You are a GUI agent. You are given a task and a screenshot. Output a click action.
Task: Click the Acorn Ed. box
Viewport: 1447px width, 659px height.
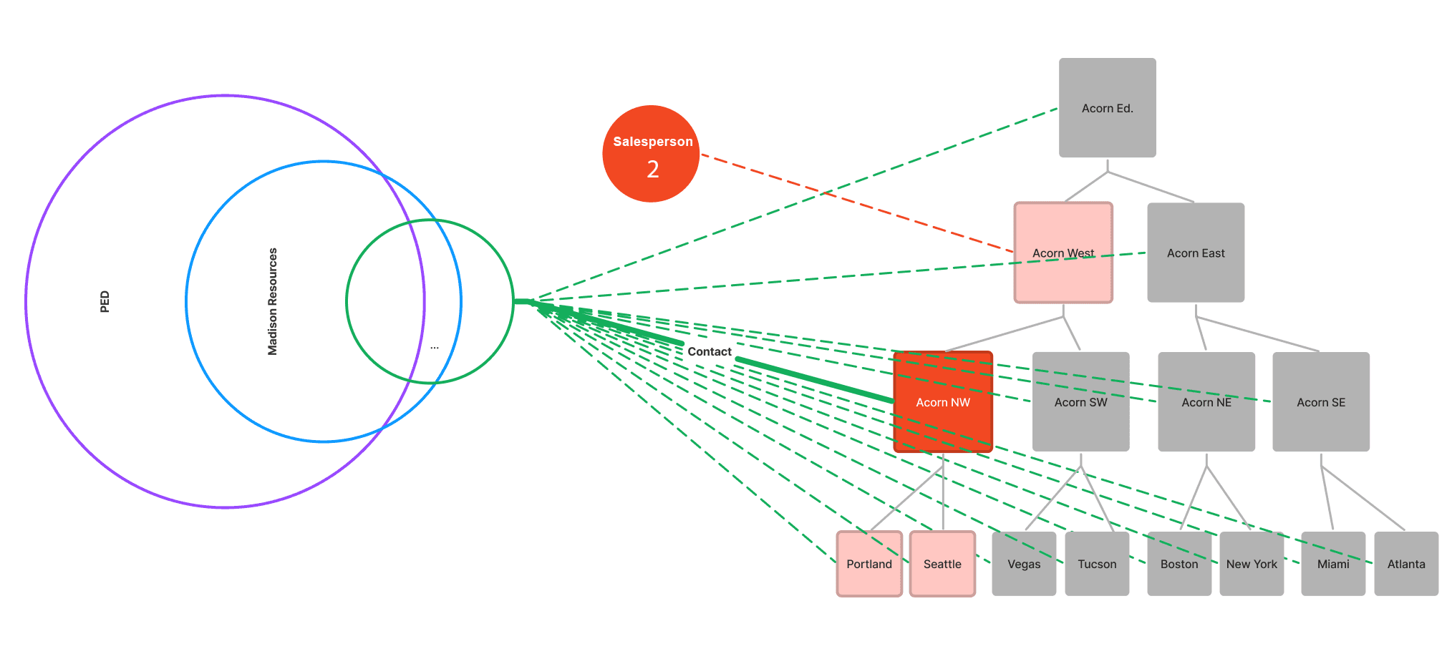pos(1107,108)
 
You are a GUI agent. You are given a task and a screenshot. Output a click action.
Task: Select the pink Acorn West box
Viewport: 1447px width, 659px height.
pos(1063,253)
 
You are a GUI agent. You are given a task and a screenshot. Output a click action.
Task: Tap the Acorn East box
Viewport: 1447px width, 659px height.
pos(1195,253)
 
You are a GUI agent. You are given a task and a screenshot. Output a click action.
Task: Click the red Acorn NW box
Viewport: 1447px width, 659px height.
pos(942,402)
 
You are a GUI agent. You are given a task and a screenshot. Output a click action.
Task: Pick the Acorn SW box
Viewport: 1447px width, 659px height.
pos(1080,402)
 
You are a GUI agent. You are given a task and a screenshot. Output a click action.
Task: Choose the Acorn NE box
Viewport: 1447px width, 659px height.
pos(1206,402)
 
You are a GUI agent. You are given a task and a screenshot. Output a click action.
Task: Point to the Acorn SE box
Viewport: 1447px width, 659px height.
pos(1320,402)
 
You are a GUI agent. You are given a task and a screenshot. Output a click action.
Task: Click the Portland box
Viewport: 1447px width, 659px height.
pos(869,564)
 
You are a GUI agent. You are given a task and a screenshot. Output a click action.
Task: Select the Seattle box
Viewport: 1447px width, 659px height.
pos(942,564)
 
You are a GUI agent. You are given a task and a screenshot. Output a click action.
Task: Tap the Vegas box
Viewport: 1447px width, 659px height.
pos(1024,564)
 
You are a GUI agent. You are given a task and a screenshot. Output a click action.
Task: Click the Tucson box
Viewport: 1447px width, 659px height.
pos(1097,564)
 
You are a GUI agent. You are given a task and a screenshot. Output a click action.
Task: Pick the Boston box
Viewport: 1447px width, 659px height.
pos(1179,564)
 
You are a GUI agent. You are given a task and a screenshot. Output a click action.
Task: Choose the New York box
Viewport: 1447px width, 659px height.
pos(1252,564)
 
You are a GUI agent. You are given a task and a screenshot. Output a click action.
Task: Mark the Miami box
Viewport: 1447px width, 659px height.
pos(1333,564)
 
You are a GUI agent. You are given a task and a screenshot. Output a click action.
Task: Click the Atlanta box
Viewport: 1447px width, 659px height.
pos(1406,564)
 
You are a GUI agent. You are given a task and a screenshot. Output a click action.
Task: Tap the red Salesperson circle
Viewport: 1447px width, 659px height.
pos(651,154)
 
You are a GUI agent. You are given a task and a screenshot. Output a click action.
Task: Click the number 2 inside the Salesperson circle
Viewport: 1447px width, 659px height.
pos(653,170)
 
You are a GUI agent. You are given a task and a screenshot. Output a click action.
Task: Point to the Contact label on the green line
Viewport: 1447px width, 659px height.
pos(710,351)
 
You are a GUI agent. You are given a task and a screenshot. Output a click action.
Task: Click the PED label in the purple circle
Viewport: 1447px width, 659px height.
pos(105,301)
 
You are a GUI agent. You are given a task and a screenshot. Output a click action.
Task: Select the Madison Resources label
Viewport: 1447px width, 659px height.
pos(272,301)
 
